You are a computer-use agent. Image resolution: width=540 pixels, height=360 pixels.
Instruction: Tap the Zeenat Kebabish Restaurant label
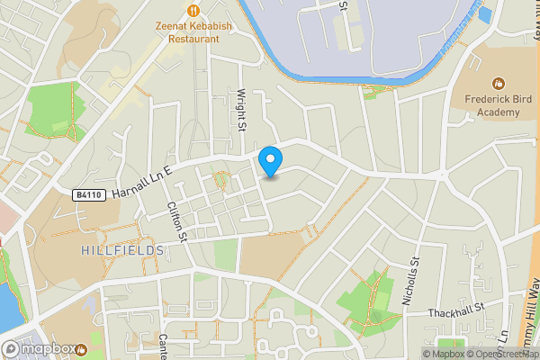click(193, 32)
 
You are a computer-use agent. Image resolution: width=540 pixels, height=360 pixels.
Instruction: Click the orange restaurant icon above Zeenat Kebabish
click(193, 10)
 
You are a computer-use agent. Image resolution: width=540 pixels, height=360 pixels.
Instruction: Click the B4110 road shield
click(89, 194)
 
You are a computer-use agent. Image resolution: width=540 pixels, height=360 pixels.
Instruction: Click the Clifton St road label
click(176, 221)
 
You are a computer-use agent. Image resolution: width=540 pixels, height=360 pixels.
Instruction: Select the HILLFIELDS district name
click(121, 249)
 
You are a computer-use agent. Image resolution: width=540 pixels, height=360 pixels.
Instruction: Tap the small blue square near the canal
click(486, 14)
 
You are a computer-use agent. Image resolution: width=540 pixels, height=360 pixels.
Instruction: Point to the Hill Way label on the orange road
click(531, 306)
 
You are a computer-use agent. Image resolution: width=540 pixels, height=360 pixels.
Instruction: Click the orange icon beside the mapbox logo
click(82, 348)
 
